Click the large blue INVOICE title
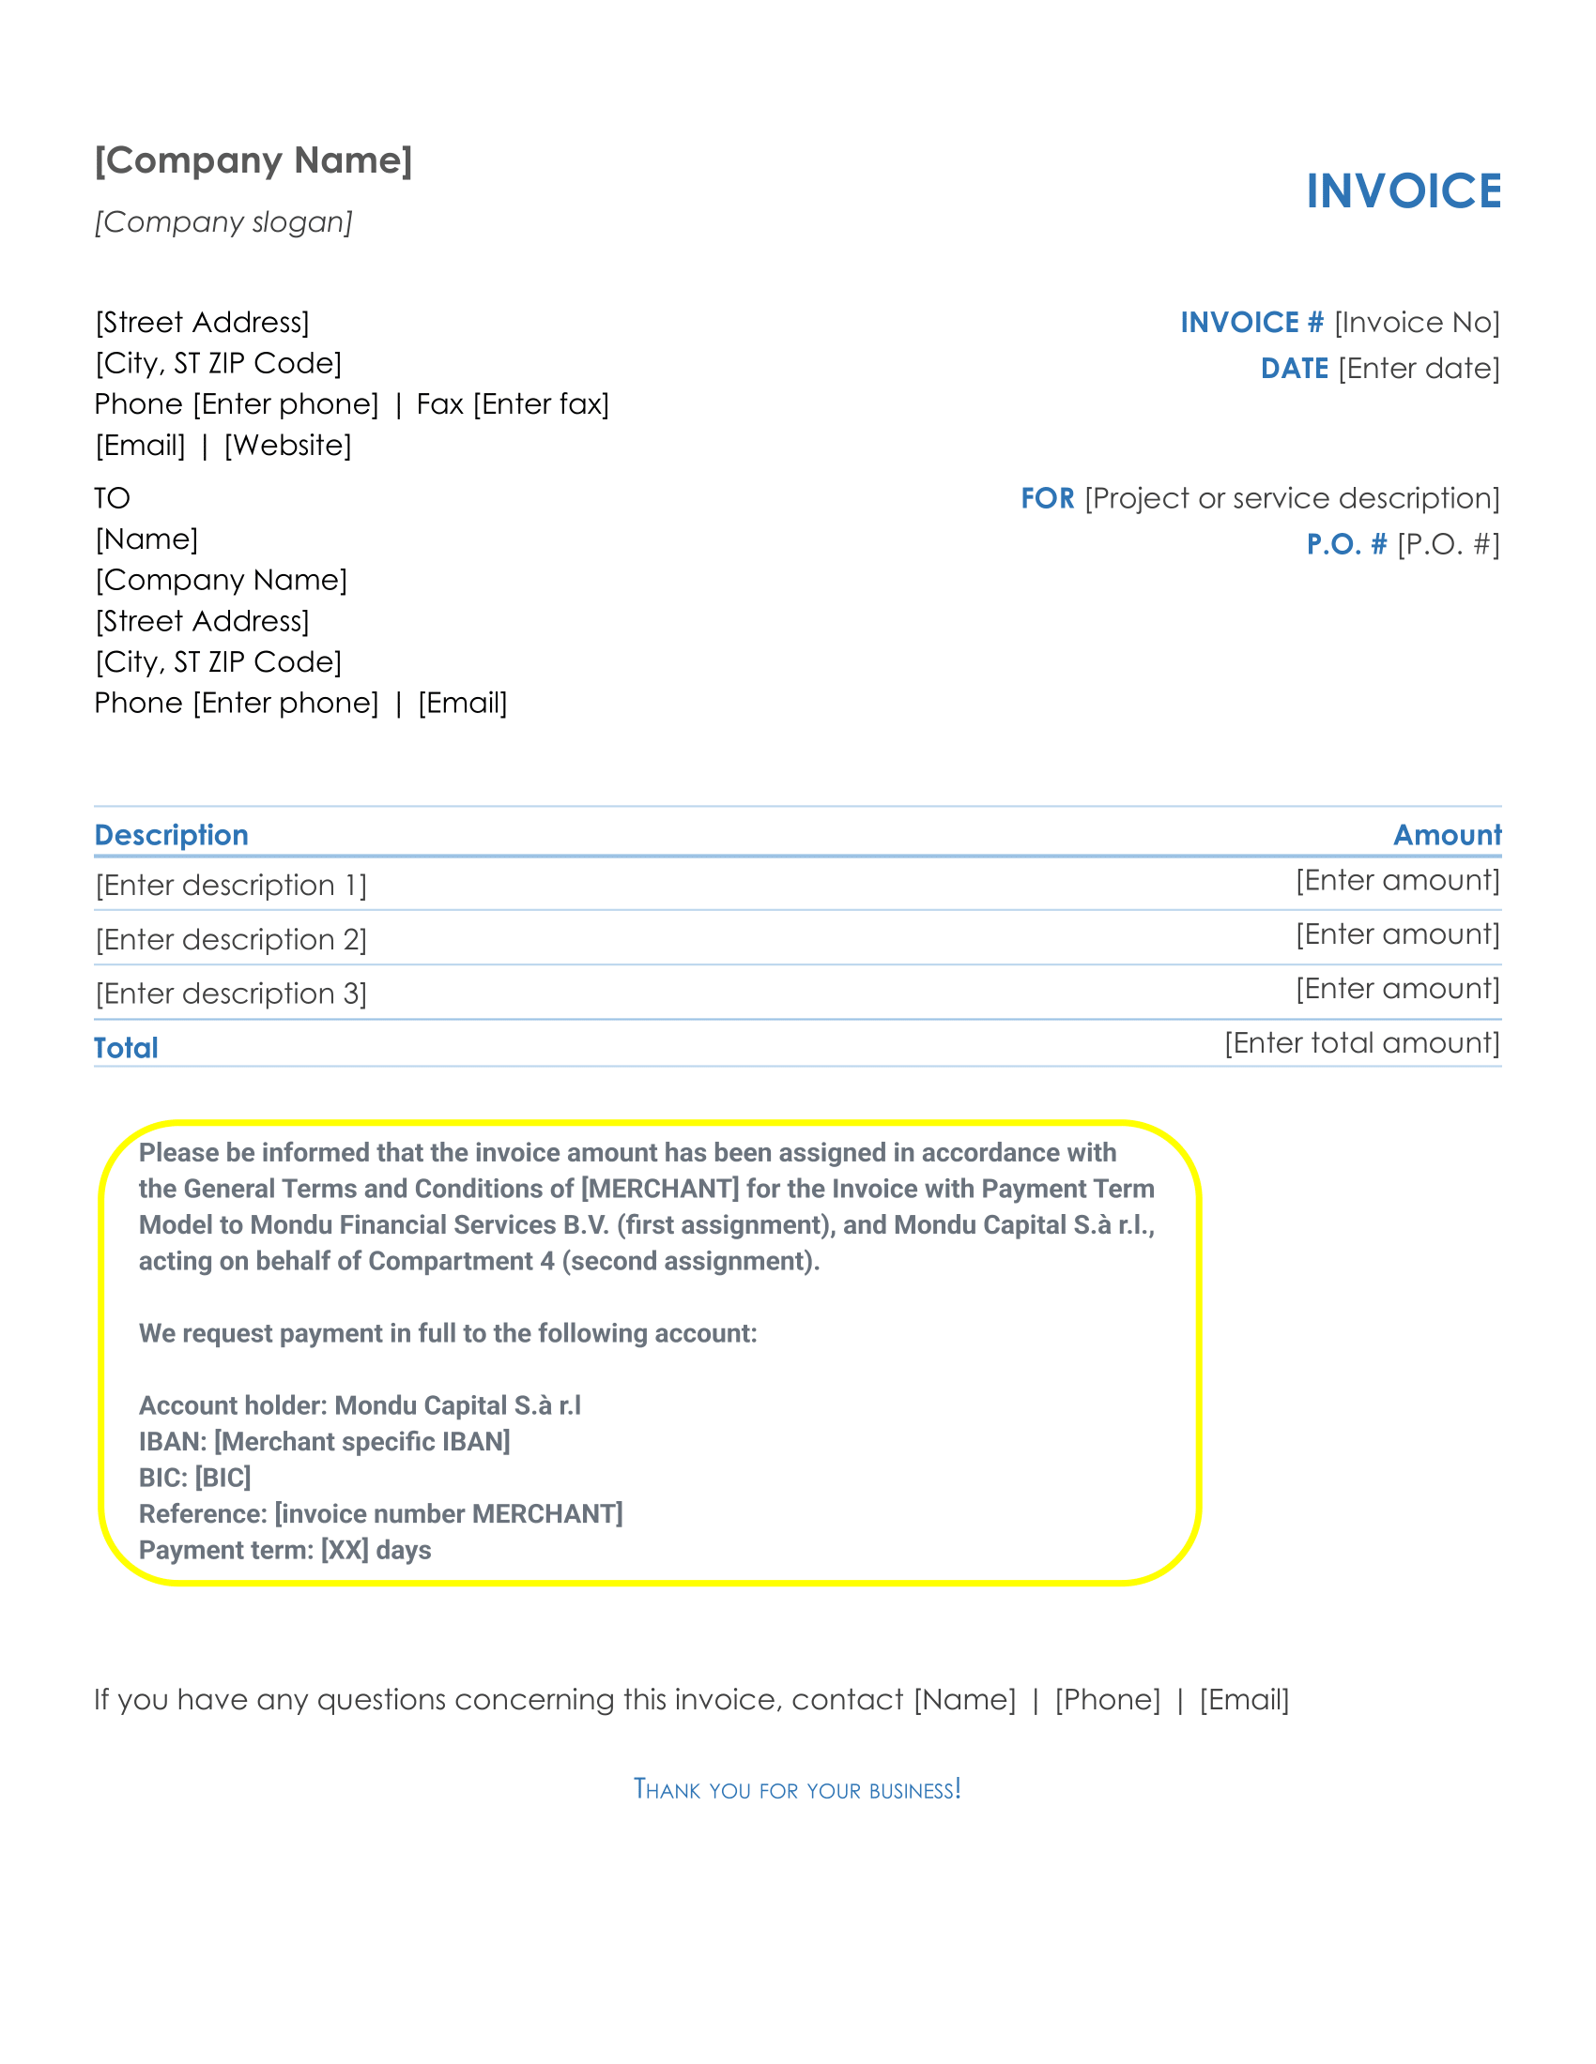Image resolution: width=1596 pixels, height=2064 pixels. [1404, 190]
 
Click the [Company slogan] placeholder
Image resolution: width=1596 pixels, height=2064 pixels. [223, 222]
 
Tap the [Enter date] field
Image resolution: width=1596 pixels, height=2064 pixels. [1419, 369]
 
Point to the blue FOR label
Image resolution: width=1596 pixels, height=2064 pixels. [1047, 499]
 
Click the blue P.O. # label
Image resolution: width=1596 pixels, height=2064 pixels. [1346, 544]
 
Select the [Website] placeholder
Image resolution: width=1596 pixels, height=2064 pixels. [287, 445]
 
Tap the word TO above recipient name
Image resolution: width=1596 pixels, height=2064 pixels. [112, 498]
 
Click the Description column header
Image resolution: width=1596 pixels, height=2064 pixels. [171, 835]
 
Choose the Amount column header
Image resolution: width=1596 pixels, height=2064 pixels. [1447, 835]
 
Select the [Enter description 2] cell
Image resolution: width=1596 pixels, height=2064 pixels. [231, 940]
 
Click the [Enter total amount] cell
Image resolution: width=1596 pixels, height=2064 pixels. [1361, 1043]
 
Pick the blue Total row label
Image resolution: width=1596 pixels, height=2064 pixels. [126, 1048]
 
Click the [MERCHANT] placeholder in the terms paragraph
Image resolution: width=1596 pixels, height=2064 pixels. [660, 1189]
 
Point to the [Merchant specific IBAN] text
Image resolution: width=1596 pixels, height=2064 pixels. [362, 1442]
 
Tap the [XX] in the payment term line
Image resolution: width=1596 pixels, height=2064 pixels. [345, 1551]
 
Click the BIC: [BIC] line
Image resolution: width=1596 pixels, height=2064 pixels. [194, 1478]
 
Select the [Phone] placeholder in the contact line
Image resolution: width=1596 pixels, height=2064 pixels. [1107, 1700]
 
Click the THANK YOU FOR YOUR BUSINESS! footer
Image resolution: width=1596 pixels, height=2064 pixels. [797, 1790]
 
